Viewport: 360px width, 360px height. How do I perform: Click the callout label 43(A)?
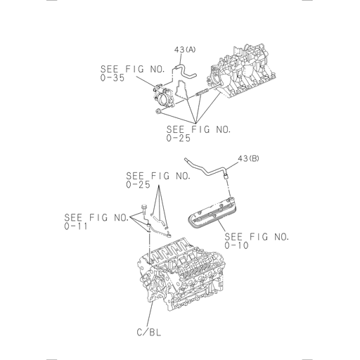[185, 49]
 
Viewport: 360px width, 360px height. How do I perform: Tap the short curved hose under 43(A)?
[185, 68]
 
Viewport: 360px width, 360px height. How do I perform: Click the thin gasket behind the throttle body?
[179, 95]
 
